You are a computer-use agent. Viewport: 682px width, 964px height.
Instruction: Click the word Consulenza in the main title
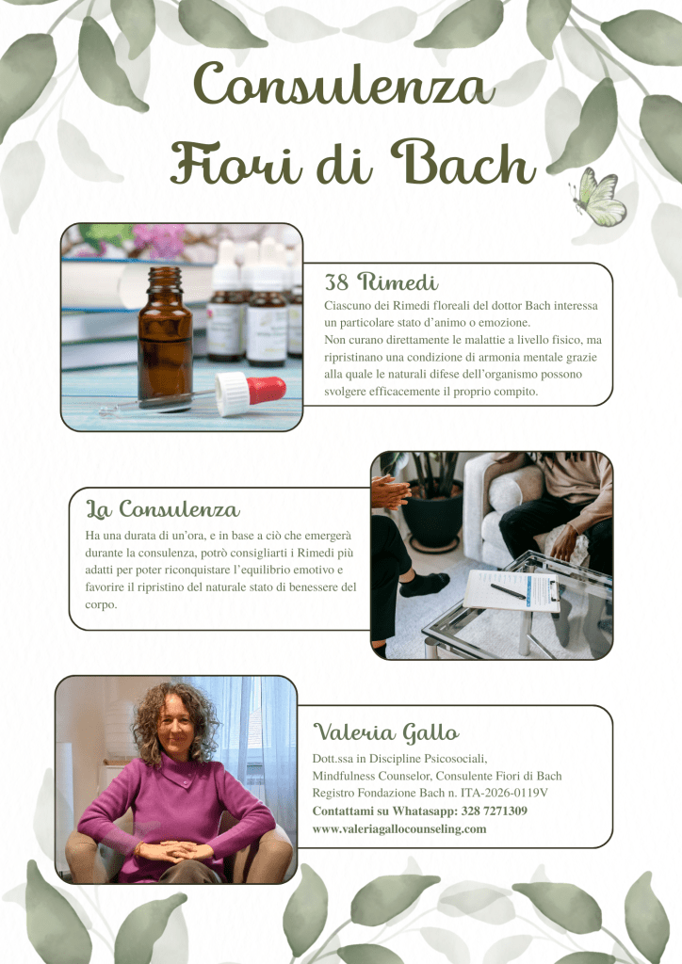coord(345,85)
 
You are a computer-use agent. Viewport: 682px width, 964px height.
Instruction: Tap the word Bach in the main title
coord(463,162)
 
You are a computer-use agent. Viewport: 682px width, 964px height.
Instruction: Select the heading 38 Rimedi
coord(382,281)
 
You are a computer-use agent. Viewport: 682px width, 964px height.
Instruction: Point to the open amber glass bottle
coord(164,338)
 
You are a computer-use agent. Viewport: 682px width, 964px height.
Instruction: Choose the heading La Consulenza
coord(162,508)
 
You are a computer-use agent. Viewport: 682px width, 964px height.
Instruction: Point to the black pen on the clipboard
coord(508,591)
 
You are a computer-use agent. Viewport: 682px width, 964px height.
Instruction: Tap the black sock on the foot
coord(424,584)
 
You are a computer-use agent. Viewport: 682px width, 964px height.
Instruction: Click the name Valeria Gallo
coord(386,731)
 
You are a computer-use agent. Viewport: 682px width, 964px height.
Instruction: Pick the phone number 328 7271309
coord(494,811)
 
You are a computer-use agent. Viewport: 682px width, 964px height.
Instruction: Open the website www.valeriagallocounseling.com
coord(399,828)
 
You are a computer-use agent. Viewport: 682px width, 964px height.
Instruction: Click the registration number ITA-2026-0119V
coord(504,793)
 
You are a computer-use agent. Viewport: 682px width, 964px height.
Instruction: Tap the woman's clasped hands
coord(174,851)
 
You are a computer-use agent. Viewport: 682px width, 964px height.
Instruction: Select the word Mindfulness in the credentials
coord(342,776)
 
